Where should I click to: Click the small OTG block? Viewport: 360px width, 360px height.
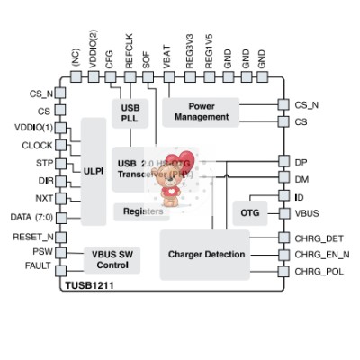248,213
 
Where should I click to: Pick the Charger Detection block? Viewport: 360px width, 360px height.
206,255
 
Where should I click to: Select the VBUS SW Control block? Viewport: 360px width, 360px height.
112,260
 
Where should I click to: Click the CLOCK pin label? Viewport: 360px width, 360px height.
37,145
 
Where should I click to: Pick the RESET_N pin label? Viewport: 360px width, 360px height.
32,237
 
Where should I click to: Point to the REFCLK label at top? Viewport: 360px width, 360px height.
129,53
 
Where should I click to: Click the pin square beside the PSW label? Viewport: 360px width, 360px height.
60,253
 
